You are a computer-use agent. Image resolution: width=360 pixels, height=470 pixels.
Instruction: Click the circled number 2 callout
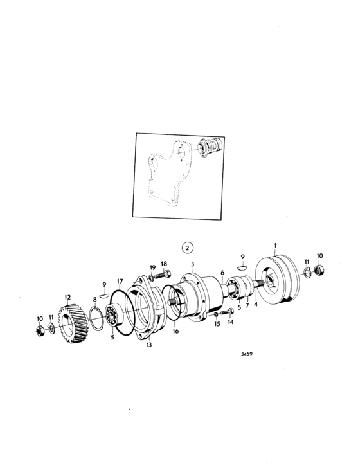188,248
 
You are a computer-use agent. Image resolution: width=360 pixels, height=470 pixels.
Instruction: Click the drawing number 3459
247,354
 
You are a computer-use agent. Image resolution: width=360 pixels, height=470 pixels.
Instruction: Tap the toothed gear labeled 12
73,323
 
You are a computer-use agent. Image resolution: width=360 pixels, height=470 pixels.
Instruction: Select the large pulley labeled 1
277,280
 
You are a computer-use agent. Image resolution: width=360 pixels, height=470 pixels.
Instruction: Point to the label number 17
120,282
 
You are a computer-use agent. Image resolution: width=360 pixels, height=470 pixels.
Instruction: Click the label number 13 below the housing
149,345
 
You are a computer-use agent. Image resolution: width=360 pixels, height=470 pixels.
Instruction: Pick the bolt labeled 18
163,274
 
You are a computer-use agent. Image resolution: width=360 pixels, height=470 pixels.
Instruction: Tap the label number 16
175,331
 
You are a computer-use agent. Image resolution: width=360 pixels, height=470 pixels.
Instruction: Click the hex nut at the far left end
40,330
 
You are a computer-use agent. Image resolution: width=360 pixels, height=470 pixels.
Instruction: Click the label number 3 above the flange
192,264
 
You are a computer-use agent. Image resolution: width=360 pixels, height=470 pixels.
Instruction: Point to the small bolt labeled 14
228,312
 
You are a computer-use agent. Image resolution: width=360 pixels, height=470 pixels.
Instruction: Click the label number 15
217,324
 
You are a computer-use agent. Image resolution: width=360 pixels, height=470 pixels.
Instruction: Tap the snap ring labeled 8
96,319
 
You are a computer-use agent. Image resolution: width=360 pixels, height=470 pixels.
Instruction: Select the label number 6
222,273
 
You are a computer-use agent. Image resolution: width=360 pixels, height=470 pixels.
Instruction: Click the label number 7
248,306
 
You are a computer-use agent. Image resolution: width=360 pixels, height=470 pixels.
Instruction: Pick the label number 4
256,305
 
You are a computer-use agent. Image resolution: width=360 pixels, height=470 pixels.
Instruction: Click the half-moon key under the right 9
242,266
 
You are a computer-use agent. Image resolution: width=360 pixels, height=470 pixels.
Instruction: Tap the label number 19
153,267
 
